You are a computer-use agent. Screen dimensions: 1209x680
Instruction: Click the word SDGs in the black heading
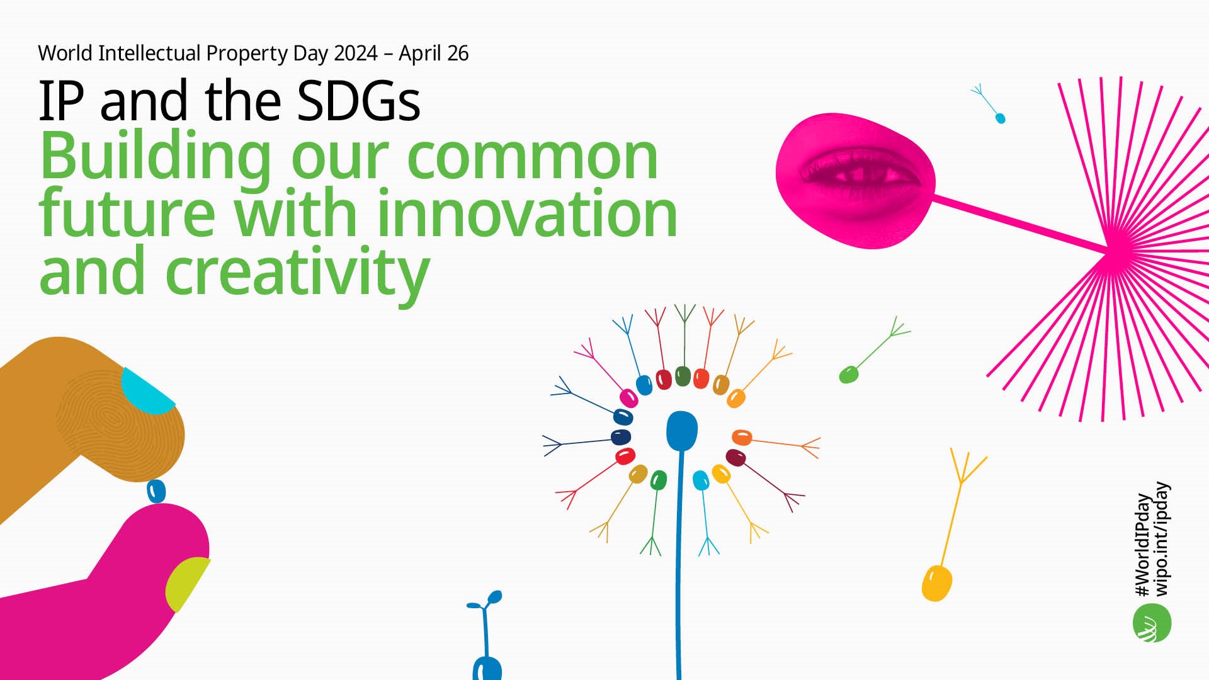(358, 101)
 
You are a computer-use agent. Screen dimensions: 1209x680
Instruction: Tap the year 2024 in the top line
(356, 54)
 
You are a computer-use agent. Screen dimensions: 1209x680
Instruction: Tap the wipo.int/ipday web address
(1162, 539)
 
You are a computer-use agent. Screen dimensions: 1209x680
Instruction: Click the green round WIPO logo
(1152, 623)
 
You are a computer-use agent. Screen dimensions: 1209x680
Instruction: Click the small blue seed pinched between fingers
(156, 491)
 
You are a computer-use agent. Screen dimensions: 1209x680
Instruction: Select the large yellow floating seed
(936, 583)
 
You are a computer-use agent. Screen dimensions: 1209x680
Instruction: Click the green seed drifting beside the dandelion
(849, 375)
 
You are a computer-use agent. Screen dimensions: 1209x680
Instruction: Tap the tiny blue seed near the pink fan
(1000, 118)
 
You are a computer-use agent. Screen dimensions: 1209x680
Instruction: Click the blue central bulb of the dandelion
(682, 431)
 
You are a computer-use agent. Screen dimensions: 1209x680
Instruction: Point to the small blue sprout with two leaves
(486, 636)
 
